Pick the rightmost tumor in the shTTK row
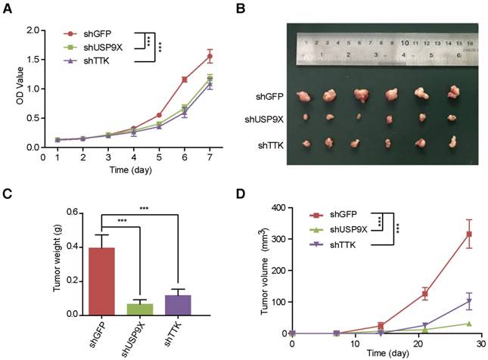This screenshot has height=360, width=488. click(x=452, y=141)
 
